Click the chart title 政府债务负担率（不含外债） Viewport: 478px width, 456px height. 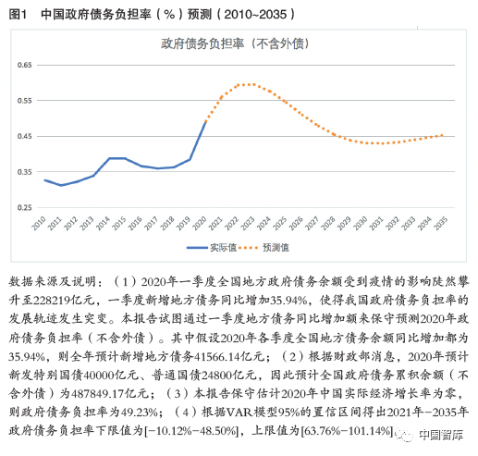click(235, 43)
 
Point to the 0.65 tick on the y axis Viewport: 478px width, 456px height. click(24, 65)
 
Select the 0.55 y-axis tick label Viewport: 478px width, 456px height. click(24, 101)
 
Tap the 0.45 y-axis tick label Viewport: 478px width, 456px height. click(24, 136)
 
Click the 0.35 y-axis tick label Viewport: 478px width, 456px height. click(24, 172)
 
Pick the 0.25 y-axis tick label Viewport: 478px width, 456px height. click(24, 207)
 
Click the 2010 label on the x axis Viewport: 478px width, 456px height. click(39, 223)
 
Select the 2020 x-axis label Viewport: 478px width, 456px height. click(200, 223)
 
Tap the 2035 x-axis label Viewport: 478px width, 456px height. click(440, 223)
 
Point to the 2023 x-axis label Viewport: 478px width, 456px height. click(248, 223)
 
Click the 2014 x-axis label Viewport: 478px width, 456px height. click(103, 223)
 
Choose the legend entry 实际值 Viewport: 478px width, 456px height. click(212, 248)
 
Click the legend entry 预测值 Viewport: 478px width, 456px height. click(264, 248)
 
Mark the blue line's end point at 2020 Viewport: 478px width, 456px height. click(206, 122)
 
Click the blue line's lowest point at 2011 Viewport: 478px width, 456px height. click(61, 185)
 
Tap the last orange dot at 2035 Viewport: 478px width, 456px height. click(442, 135)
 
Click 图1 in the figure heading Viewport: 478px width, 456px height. click(18, 14)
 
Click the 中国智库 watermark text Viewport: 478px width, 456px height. click(441, 435)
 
